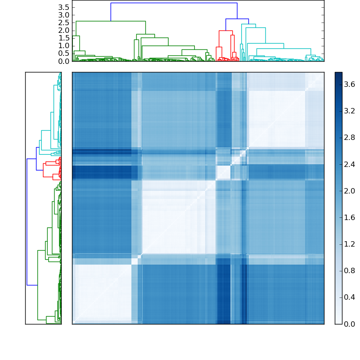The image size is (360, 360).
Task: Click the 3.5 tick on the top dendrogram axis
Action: click(x=64, y=7)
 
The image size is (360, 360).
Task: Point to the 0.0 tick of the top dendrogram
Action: click(x=64, y=61)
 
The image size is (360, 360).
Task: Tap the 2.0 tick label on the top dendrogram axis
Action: click(x=64, y=30)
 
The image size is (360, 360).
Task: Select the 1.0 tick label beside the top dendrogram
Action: click(x=64, y=45)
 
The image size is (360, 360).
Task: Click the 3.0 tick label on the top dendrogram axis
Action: click(x=64, y=15)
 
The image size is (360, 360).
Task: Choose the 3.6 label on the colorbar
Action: click(x=350, y=85)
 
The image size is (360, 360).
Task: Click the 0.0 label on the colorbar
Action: click(x=350, y=324)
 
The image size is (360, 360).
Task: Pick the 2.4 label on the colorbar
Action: click(x=350, y=164)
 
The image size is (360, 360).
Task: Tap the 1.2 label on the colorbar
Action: click(x=350, y=244)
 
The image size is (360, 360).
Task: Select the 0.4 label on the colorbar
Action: click(x=350, y=297)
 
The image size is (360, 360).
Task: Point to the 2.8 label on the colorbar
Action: click(x=350, y=138)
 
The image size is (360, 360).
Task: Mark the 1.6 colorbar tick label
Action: click(x=350, y=217)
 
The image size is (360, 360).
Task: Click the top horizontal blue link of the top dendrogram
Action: click(x=174, y=3)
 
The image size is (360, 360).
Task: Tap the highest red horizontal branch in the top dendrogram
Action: click(x=225, y=31)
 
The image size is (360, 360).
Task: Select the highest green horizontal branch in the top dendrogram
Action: click(x=111, y=21)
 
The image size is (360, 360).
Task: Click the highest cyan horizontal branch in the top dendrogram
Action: click(x=248, y=24)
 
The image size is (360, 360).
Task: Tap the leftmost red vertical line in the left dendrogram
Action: click(x=43, y=170)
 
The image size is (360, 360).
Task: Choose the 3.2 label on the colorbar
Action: click(x=350, y=111)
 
